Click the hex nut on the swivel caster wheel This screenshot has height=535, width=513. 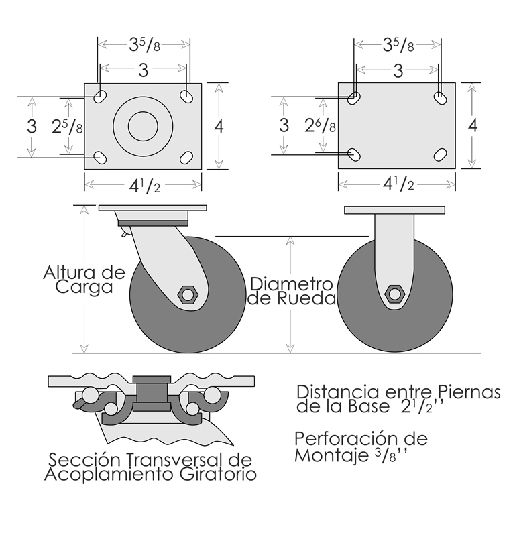tap(187, 294)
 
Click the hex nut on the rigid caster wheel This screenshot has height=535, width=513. tap(394, 294)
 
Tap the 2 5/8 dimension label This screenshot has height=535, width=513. tap(67, 127)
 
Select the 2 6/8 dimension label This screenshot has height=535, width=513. tap(320, 126)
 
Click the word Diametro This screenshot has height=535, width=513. tap(292, 284)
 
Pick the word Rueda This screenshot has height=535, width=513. tap(306, 298)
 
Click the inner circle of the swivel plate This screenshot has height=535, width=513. tap(143, 126)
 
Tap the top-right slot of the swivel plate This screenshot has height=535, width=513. tap(186, 97)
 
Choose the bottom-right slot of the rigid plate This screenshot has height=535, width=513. tap(441, 154)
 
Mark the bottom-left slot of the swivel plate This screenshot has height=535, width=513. tap(101, 158)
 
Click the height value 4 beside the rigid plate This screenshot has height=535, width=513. tap(472, 126)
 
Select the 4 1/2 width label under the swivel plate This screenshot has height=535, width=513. tap(144, 186)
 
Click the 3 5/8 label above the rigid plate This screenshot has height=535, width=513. tap(398, 45)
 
